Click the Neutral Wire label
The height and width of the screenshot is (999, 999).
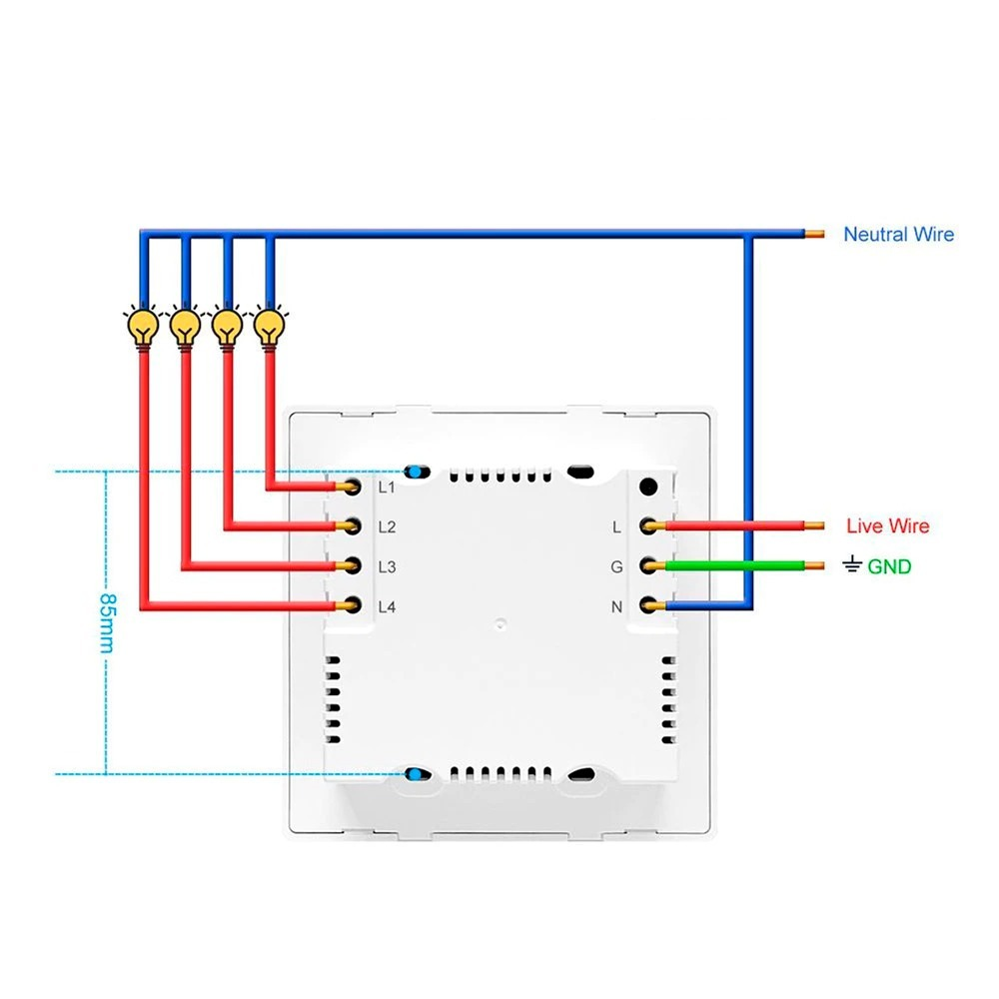898,235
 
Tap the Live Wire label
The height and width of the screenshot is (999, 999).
887,526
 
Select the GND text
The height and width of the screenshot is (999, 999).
889,567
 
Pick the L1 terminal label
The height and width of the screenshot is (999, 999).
388,488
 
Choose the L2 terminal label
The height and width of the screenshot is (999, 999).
388,527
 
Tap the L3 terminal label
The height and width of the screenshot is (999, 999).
388,567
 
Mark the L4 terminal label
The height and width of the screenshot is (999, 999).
388,606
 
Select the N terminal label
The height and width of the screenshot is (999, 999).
617,606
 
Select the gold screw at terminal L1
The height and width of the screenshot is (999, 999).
352,487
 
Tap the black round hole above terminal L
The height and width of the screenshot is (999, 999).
647,488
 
